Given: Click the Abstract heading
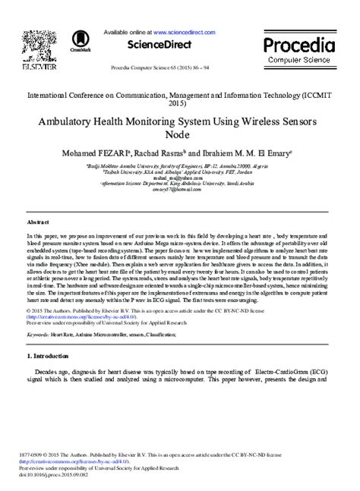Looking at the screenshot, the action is pyautogui.click(x=38, y=222).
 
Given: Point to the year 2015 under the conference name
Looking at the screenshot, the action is pyautogui.click(x=179, y=103).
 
